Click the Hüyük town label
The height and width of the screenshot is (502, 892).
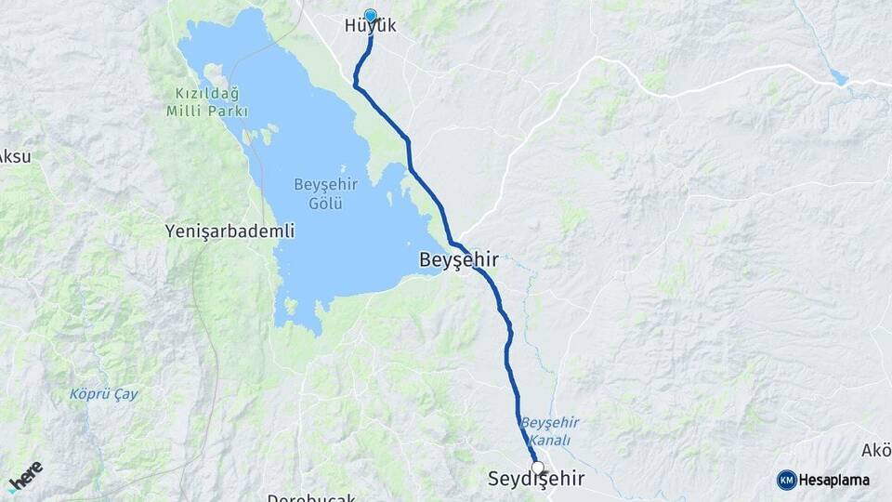[x=370, y=26]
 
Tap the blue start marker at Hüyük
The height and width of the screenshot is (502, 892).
[x=371, y=15]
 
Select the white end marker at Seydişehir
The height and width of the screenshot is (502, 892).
[x=537, y=467]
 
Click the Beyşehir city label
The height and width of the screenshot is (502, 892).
[x=458, y=261]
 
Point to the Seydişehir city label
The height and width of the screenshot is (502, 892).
[x=536, y=480]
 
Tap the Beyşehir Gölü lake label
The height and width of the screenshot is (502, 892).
[x=319, y=193]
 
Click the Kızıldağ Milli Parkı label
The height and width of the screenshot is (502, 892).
[x=210, y=102]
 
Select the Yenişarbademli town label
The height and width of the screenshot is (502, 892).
[x=229, y=230]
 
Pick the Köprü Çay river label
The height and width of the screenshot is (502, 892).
[x=104, y=394]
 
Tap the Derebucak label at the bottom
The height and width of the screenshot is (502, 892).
[x=310, y=497]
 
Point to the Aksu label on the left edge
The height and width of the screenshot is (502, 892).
[x=15, y=156]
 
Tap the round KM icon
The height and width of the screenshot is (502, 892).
[x=786, y=480]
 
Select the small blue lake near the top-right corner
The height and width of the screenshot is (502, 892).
[x=839, y=77]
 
